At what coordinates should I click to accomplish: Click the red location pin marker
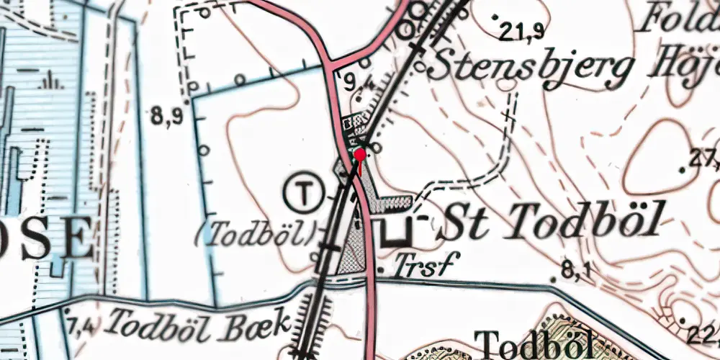[359, 155]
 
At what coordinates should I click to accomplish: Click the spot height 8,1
[575, 271]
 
